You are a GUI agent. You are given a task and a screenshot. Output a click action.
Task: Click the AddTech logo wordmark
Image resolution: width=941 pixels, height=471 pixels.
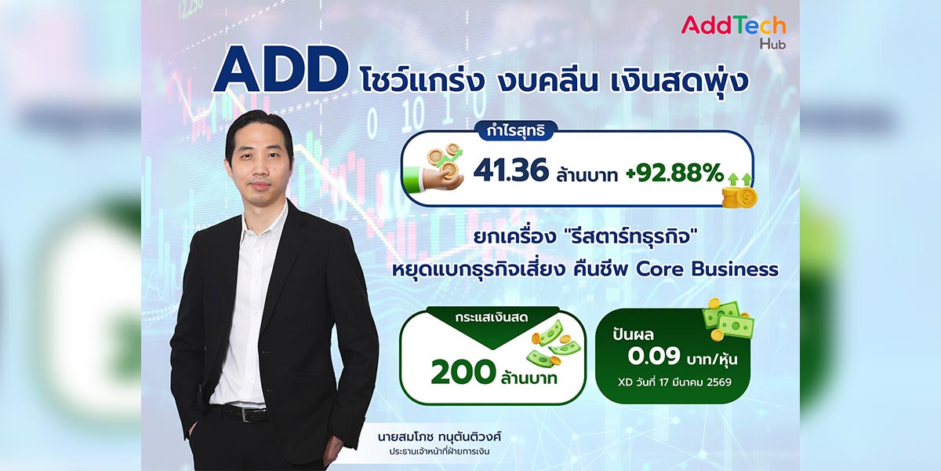pos(733,26)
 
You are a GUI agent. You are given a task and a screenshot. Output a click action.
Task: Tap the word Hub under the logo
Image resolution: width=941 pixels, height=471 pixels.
pos(772,44)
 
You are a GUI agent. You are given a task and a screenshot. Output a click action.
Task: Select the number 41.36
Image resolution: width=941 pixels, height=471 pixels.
pos(510,170)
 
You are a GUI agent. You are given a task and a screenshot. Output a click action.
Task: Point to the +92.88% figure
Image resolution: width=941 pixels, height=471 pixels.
pos(674,173)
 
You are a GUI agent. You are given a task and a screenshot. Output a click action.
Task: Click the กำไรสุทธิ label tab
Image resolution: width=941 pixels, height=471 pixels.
pos(515,131)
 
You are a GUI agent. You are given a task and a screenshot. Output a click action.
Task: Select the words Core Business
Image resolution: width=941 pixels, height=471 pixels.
pos(707,269)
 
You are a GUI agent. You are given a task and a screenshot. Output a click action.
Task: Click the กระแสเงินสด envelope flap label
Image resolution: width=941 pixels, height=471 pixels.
pos(491,317)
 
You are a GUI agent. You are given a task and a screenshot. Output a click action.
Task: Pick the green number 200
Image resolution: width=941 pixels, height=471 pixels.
pos(463,372)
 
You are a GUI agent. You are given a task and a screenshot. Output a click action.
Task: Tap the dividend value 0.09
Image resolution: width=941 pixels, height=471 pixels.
pos(654,356)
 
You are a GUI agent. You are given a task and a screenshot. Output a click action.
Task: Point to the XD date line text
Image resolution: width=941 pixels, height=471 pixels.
pos(674,382)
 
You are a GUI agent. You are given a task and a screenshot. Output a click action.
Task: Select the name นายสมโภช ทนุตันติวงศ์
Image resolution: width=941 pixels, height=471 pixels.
pos(439,437)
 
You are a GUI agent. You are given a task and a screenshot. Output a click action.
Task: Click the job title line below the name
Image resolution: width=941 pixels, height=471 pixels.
pos(439,452)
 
